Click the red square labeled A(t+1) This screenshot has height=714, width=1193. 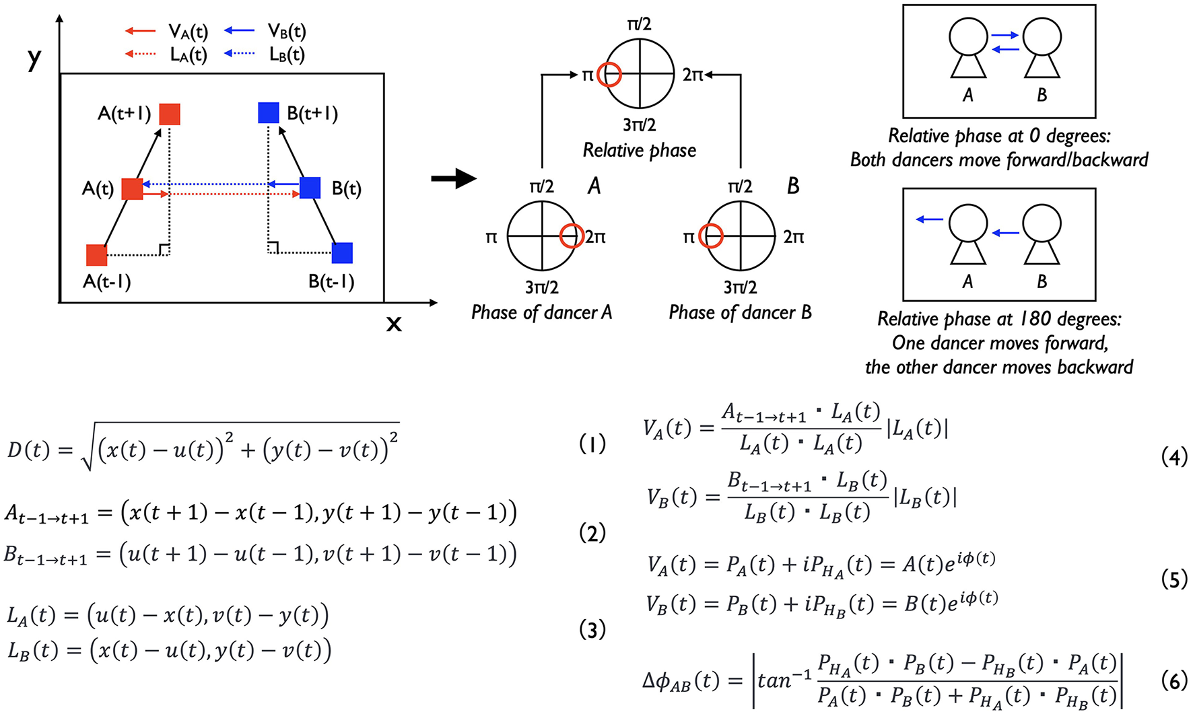coord(170,114)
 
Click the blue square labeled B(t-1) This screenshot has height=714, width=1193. coord(342,253)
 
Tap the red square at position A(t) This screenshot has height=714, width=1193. coord(132,189)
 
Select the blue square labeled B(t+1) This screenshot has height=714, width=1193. coord(269,112)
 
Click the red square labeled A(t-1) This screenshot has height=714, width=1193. coord(97,256)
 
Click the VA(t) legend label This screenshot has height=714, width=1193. coord(188,32)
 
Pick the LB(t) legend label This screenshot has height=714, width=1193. coord(287,54)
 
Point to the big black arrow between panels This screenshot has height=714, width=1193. coord(454,179)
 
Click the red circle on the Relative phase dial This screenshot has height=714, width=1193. coord(610,74)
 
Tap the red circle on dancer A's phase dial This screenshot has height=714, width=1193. coord(572,236)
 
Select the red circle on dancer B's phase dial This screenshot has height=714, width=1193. coord(711,236)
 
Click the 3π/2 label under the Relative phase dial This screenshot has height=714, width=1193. coord(639,125)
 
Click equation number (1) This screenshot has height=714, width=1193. coord(592,444)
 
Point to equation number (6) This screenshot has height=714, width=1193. coord(1174,681)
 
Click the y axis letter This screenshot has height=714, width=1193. coord(34,59)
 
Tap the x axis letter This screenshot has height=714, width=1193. coord(394,324)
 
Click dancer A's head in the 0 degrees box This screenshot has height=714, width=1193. coord(968,36)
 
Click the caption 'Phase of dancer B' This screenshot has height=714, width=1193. coord(740,312)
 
